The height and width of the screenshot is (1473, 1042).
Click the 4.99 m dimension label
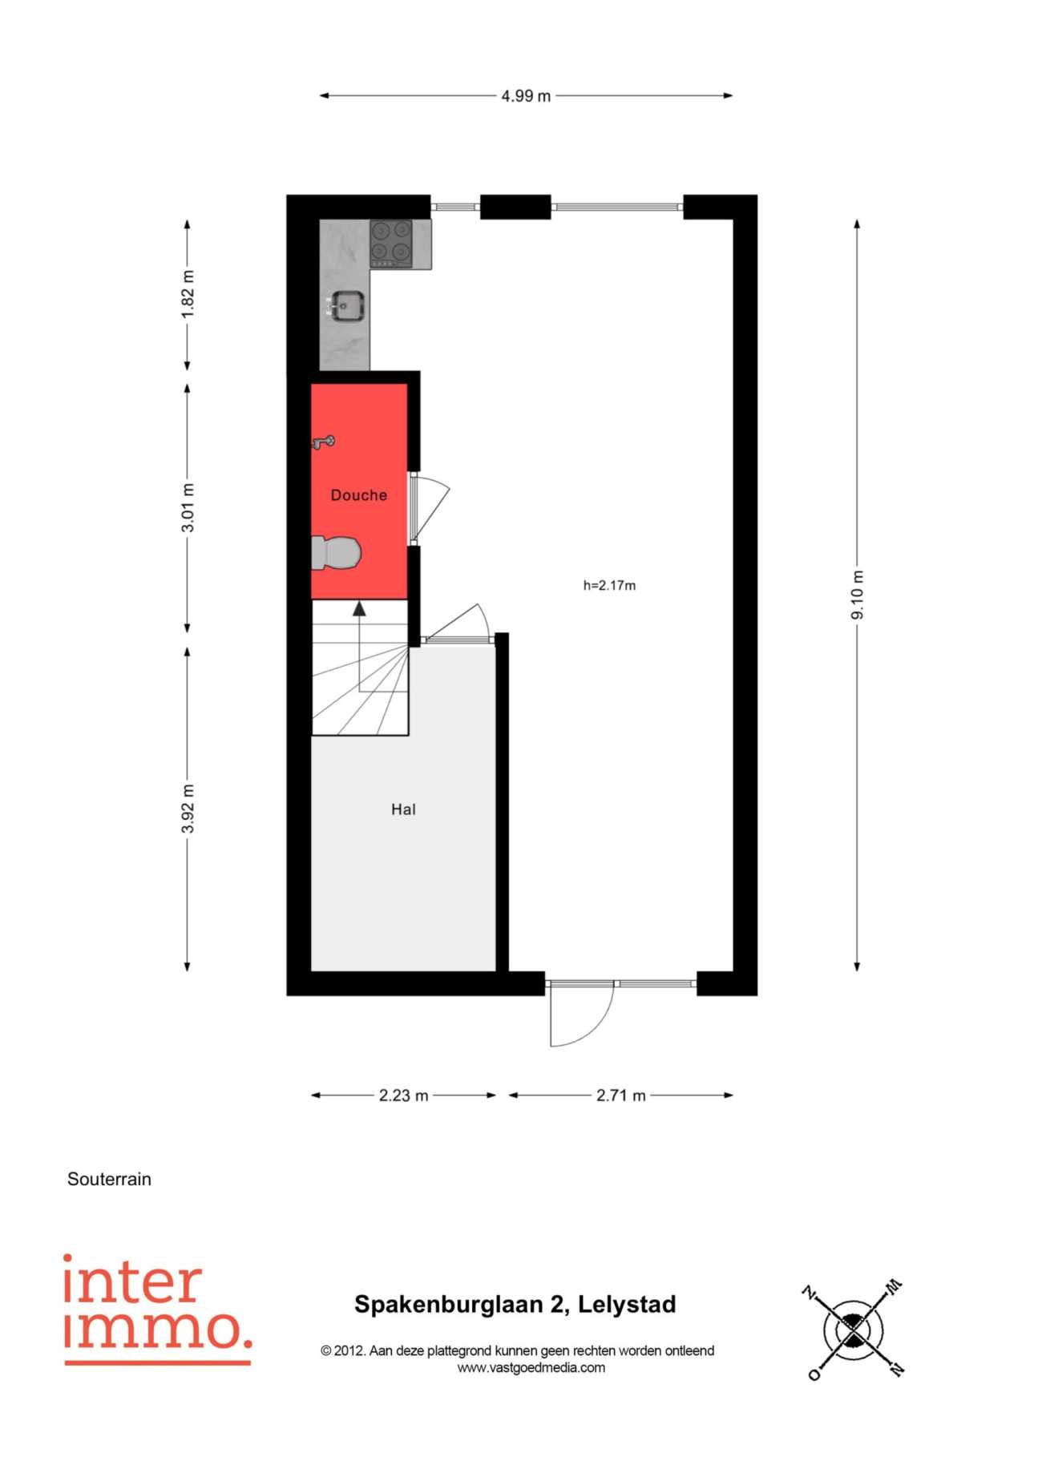point(526,96)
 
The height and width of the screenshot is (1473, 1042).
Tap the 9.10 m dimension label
point(858,595)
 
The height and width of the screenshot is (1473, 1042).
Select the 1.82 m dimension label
point(188,294)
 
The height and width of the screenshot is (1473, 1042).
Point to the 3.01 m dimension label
point(188,507)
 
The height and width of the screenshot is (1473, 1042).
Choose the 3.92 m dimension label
point(188,809)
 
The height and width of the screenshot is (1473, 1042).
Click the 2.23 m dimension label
point(403,1096)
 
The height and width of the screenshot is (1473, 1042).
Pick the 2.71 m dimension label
point(620,1096)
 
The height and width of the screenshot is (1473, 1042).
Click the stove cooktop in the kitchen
point(391,244)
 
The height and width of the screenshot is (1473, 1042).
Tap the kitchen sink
point(346,306)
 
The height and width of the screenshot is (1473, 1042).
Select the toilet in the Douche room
point(336,553)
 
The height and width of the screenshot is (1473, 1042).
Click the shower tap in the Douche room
point(323,442)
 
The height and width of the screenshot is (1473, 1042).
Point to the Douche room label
point(359,495)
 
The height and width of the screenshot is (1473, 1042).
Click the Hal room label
point(403,809)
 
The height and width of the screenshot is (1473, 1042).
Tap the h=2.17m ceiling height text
point(609,586)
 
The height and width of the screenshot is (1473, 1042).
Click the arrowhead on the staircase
point(359,609)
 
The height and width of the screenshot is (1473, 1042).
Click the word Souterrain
point(109,1179)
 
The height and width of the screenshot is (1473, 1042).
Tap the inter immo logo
point(158,1310)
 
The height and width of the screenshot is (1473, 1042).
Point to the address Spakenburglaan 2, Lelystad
point(515,1305)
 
